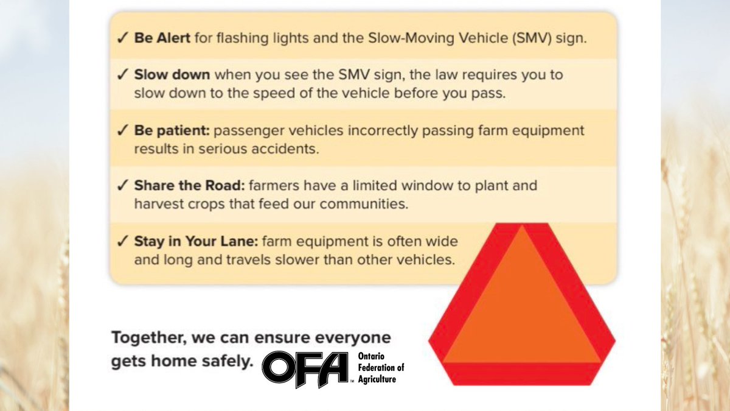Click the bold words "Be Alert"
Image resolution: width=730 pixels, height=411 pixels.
click(x=162, y=38)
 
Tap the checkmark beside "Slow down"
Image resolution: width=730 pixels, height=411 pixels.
click(x=122, y=76)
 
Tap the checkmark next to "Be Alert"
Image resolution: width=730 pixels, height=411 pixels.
click(x=122, y=38)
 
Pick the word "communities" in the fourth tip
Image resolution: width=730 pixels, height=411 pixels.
click(x=367, y=204)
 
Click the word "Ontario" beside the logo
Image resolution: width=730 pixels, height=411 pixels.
click(x=369, y=356)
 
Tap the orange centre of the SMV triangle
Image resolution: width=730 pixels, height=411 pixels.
click(x=522, y=304)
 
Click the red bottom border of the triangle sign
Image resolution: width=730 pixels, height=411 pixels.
click(x=522, y=373)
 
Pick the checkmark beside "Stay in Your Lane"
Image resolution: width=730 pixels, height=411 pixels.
click(x=122, y=241)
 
